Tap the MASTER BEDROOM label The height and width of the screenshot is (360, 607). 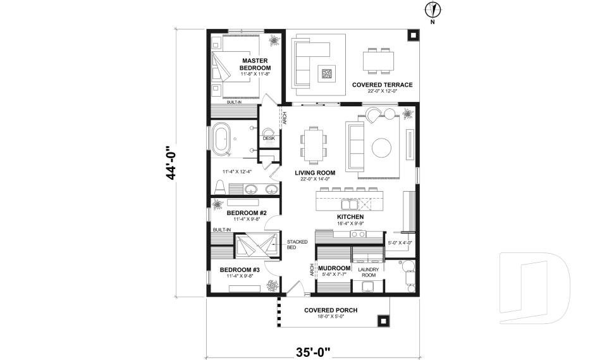(255, 65)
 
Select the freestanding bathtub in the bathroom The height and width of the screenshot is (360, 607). (222, 140)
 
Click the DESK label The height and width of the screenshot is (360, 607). (268, 138)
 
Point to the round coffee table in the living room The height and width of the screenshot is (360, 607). (382, 147)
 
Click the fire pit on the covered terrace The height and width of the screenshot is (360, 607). (327, 74)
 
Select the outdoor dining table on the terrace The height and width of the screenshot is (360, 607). (378, 61)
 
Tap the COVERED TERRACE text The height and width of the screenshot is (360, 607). (382, 84)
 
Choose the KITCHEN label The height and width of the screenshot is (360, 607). (350, 217)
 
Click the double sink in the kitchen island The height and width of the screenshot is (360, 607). (350, 204)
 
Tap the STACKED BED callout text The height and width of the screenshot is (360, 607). (297, 245)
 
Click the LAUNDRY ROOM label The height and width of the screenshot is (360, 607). (368, 273)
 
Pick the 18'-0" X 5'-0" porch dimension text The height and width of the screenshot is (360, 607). (331, 316)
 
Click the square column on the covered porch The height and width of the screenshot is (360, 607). (382, 321)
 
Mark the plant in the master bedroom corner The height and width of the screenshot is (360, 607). (274, 41)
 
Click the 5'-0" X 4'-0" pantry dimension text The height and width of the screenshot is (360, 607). (400, 242)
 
